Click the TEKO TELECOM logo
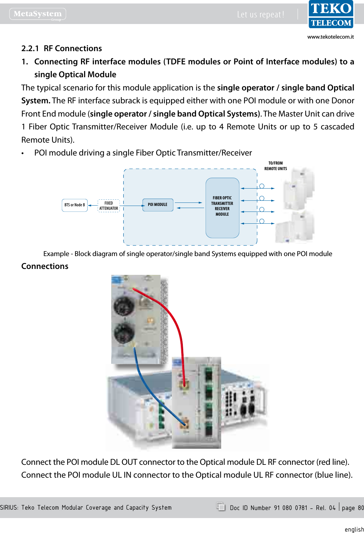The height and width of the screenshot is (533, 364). pyautogui.click(x=331, y=14)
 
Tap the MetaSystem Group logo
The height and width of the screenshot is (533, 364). pyautogui.click(x=38, y=14)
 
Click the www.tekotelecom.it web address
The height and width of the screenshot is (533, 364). pyautogui.click(x=330, y=37)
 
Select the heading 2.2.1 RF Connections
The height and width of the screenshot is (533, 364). pyautogui.click(x=62, y=48)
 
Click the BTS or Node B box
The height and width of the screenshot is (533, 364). pyautogui.click(x=75, y=205)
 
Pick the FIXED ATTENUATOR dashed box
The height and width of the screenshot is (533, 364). pyautogui.click(x=108, y=206)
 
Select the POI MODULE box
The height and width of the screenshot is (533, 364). pyautogui.click(x=158, y=205)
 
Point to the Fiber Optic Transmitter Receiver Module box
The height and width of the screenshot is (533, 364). pyautogui.click(x=222, y=208)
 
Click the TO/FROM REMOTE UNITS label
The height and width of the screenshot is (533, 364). pyautogui.click(x=276, y=166)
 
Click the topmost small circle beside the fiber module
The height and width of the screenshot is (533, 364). pyautogui.click(x=262, y=186)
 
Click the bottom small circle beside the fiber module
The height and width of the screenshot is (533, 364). pyautogui.click(x=262, y=221)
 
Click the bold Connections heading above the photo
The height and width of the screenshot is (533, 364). pyautogui.click(x=45, y=266)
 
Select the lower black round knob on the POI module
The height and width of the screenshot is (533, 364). pyautogui.click(x=124, y=332)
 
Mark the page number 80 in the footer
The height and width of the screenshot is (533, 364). pyautogui.click(x=361, y=508)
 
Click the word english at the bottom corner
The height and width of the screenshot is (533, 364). pyautogui.click(x=354, y=529)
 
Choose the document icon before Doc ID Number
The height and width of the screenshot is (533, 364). pyautogui.click(x=221, y=507)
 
